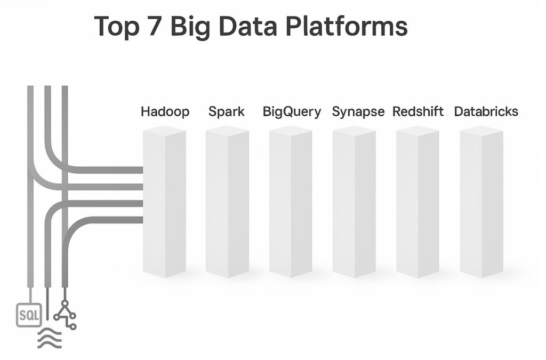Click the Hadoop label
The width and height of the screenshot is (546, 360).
(165, 112)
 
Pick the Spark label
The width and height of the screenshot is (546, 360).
(227, 112)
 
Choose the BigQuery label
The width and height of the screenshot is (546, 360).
(292, 112)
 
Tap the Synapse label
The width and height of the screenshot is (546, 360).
(358, 112)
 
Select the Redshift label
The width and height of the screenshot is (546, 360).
(419, 112)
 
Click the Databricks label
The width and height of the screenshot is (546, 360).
(486, 112)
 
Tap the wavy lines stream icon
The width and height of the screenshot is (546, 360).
(49, 338)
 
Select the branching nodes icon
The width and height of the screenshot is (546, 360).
(66, 315)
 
